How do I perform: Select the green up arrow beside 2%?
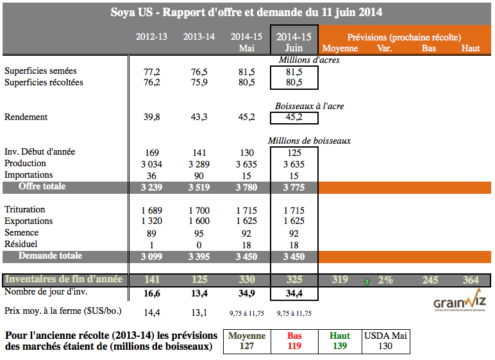367,280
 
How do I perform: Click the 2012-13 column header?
151,37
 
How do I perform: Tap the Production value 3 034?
151,164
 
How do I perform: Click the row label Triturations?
25,210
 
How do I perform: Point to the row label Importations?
29,175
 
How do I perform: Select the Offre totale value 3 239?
151,187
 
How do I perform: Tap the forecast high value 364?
471,280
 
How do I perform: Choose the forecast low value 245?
430,280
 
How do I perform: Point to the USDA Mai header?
386,335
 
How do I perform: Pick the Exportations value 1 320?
151,221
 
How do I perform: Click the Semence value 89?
151,233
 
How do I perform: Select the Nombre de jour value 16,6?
151,293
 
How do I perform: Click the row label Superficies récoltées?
44,83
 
